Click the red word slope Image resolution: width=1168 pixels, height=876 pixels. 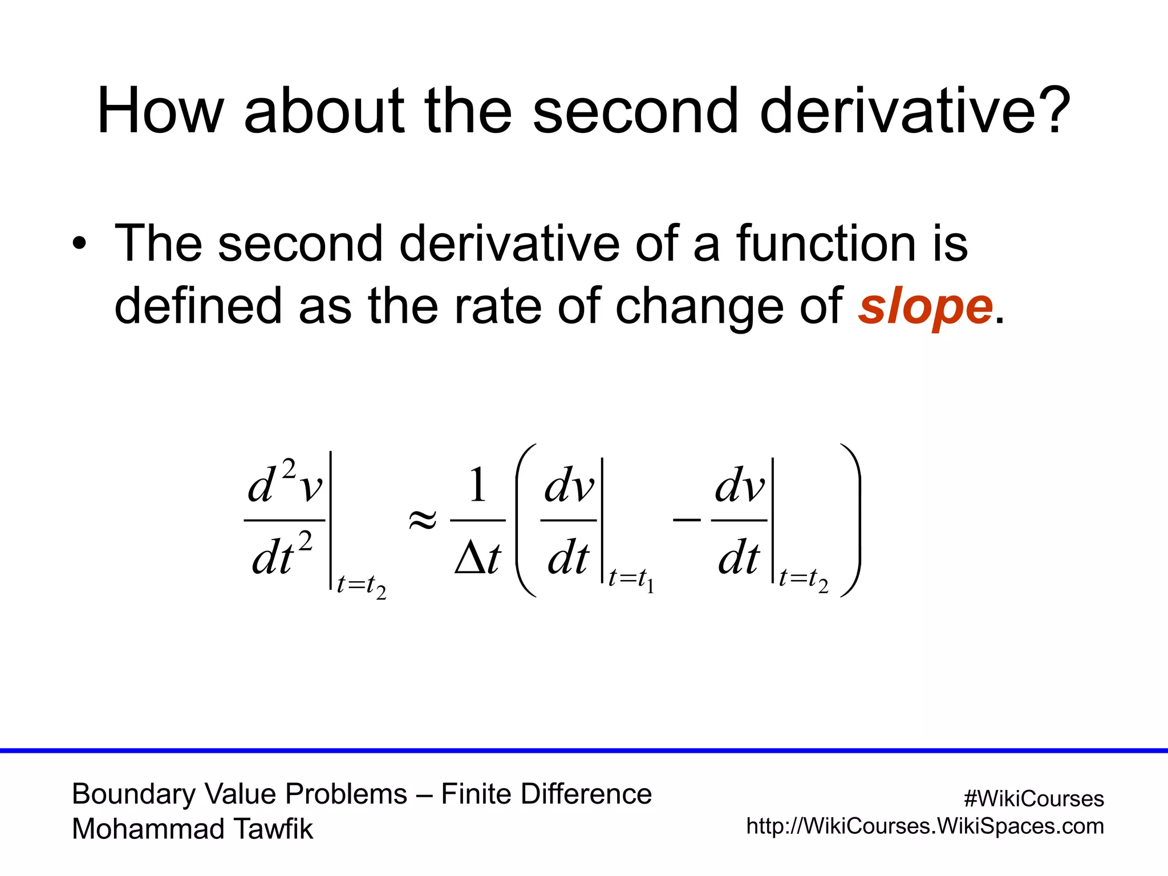coord(926,308)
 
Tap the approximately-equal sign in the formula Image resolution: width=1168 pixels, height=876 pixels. coord(423,520)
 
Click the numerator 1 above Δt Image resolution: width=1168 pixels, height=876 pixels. coord(477,485)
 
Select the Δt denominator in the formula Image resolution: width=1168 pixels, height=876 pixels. coord(478,558)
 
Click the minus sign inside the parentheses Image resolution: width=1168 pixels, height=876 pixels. coord(687,520)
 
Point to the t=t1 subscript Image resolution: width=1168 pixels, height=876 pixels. coord(631,579)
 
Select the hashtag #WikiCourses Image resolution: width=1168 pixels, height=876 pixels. coord(1033,798)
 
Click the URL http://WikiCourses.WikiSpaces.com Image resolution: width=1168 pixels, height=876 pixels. coord(924,826)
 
